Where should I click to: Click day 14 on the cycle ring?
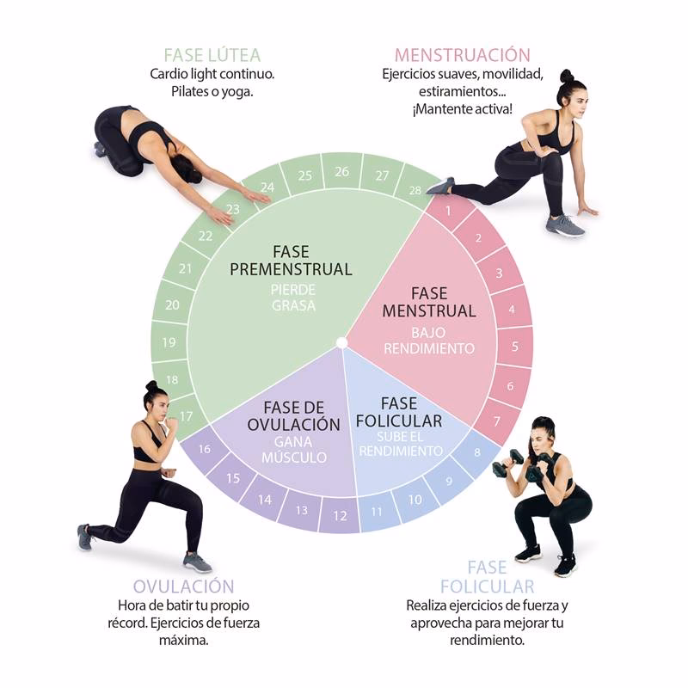(265, 500)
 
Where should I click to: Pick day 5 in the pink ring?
(514, 347)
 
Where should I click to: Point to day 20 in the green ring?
(172, 304)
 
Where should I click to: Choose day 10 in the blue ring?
(415, 500)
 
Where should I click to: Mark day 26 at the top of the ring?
(341, 172)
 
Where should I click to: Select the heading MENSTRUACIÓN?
(462, 55)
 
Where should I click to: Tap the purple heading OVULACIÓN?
(184, 586)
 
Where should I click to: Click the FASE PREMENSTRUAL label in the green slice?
(291, 261)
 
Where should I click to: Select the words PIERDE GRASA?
(292, 298)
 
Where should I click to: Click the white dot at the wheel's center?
(341, 343)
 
